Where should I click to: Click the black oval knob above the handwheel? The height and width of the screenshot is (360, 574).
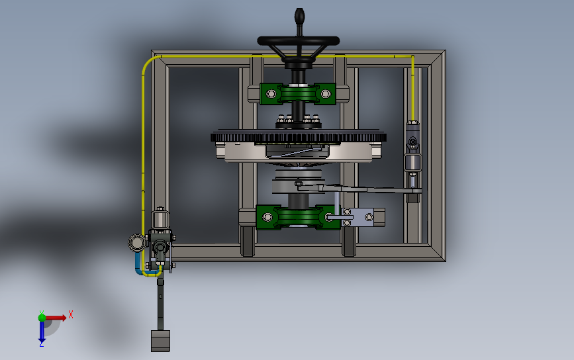click(299, 16)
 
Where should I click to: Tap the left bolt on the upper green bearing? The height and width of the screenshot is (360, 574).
click(271, 94)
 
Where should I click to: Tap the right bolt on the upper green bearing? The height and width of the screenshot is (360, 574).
click(326, 94)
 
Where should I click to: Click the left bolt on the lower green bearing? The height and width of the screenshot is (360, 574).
click(267, 217)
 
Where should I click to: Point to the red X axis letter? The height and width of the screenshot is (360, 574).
click(71, 314)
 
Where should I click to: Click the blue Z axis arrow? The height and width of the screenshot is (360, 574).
click(42, 332)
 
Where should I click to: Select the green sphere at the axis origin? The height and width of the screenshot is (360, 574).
click(42, 318)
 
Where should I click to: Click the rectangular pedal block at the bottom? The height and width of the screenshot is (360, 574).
click(160, 341)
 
